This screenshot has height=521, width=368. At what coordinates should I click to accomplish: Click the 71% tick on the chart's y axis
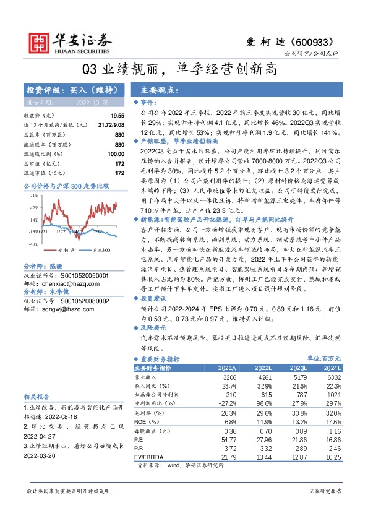(33, 196)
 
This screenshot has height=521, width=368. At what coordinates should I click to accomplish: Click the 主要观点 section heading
(159, 90)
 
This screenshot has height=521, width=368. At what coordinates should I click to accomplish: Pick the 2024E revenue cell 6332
(333, 377)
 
